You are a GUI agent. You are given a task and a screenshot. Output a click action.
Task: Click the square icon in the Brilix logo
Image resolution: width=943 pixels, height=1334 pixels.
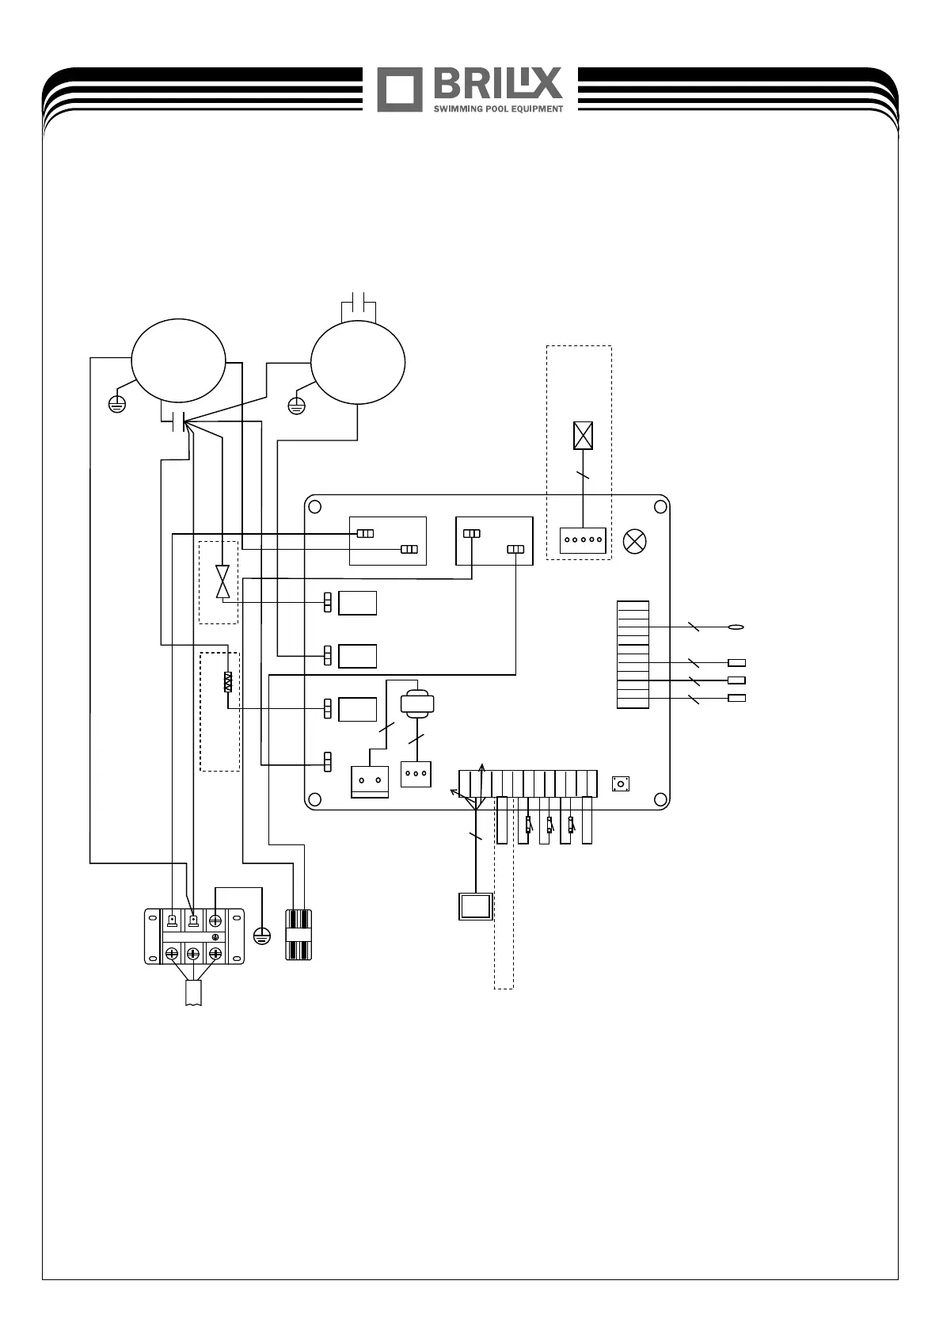click(x=400, y=90)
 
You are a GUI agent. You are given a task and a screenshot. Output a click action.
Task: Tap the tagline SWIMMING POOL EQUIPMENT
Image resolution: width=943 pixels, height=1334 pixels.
click(x=498, y=109)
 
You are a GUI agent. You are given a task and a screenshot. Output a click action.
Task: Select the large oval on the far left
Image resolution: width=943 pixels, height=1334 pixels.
click(x=178, y=363)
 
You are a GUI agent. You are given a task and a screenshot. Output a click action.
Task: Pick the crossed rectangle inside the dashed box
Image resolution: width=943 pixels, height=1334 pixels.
click(x=583, y=436)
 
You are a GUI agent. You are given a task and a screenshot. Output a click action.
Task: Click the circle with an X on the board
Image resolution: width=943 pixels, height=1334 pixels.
click(x=635, y=542)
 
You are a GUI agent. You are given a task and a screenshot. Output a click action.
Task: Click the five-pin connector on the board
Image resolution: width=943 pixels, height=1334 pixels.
click(x=583, y=540)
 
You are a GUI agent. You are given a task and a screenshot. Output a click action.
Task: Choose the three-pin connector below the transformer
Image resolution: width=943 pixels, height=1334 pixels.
click(x=416, y=774)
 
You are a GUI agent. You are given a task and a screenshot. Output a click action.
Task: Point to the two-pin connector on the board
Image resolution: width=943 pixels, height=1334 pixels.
click(x=369, y=780)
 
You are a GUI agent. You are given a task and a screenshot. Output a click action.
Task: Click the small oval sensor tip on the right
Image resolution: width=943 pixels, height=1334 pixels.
click(x=736, y=627)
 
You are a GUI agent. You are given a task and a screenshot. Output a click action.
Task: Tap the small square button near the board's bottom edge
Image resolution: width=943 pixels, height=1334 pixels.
click(x=622, y=785)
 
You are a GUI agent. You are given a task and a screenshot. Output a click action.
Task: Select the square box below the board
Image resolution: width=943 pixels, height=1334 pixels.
click(x=475, y=906)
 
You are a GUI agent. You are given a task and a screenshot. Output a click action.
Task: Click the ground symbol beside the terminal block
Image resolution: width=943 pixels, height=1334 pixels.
click(x=261, y=936)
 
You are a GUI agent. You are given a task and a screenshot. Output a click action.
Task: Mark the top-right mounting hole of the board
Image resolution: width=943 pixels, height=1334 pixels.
click(x=659, y=505)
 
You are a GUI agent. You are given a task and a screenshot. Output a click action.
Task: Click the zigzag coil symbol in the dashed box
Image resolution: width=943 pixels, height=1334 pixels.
click(x=228, y=682)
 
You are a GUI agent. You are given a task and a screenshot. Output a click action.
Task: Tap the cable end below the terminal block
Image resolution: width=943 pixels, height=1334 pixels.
click(x=193, y=993)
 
